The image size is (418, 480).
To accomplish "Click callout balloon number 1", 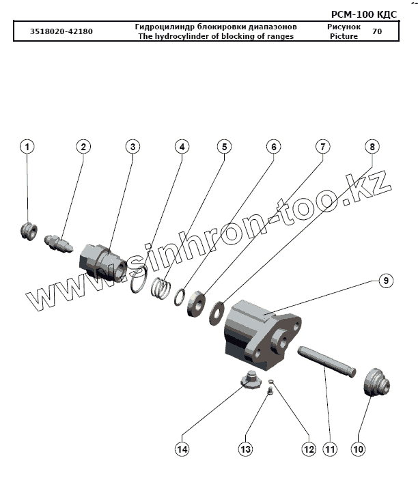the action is [x=27, y=147].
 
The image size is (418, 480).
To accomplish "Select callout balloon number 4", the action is [x=181, y=147].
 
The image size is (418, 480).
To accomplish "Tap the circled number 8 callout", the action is [x=371, y=147].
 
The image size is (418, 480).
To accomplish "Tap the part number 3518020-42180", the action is [x=61, y=31].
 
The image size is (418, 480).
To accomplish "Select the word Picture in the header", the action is [x=343, y=36].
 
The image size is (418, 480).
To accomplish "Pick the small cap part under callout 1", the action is [x=29, y=230].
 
